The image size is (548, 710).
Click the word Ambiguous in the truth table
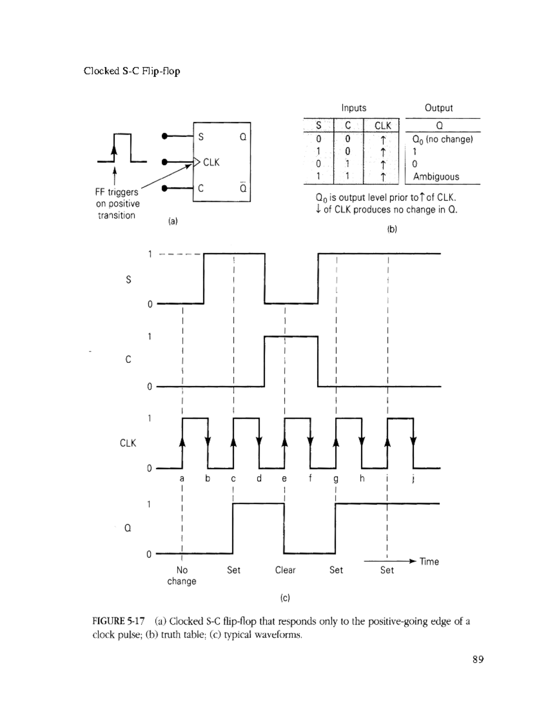click(x=436, y=177)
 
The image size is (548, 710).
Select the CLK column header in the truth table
click(x=383, y=126)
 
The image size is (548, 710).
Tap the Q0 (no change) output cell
click(x=443, y=139)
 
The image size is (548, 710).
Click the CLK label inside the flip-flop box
click(x=211, y=162)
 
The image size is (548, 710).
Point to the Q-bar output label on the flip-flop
click(x=243, y=187)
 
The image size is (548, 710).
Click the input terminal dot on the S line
click(x=165, y=136)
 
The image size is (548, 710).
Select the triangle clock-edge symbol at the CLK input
click(x=196, y=162)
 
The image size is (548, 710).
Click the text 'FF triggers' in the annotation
click(x=116, y=192)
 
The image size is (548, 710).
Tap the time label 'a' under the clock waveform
click(x=182, y=479)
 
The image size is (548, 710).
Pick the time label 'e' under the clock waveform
click(x=285, y=479)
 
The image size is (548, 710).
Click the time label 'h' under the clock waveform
click(x=362, y=478)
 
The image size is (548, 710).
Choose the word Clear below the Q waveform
click(x=285, y=570)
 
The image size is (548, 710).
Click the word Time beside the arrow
click(x=429, y=562)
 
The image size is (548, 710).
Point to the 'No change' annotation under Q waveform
click(x=182, y=576)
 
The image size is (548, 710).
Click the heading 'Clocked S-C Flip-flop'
click(x=132, y=71)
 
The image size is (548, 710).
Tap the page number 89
click(x=478, y=659)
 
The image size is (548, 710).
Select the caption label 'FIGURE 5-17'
click(x=118, y=621)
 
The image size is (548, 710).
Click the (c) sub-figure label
click(x=285, y=598)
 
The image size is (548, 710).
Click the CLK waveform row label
click(x=128, y=443)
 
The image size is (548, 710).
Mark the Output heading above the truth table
click(x=439, y=108)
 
